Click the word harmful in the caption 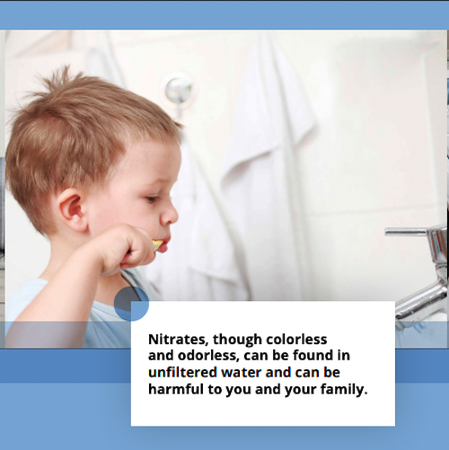pos(178,390)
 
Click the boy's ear pos(75,210)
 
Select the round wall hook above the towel pos(179,88)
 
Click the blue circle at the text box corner pos(131,303)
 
